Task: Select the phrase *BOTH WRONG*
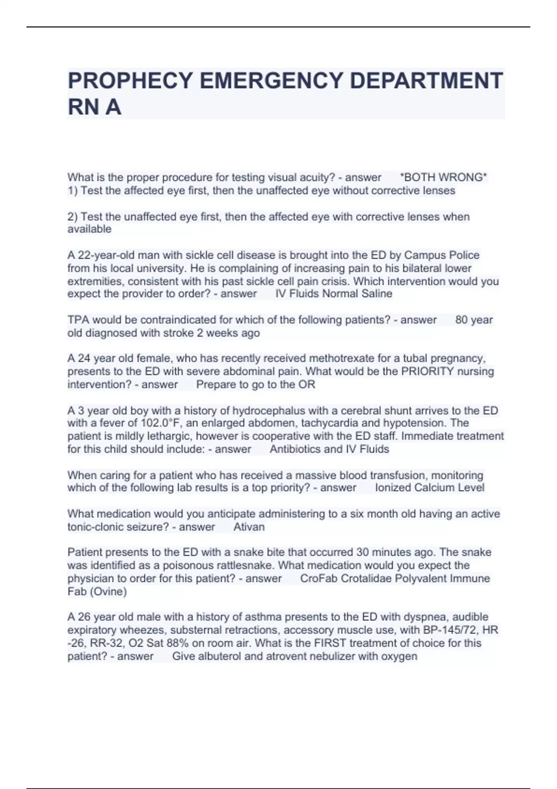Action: [x=443, y=177]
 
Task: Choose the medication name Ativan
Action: [x=249, y=527]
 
